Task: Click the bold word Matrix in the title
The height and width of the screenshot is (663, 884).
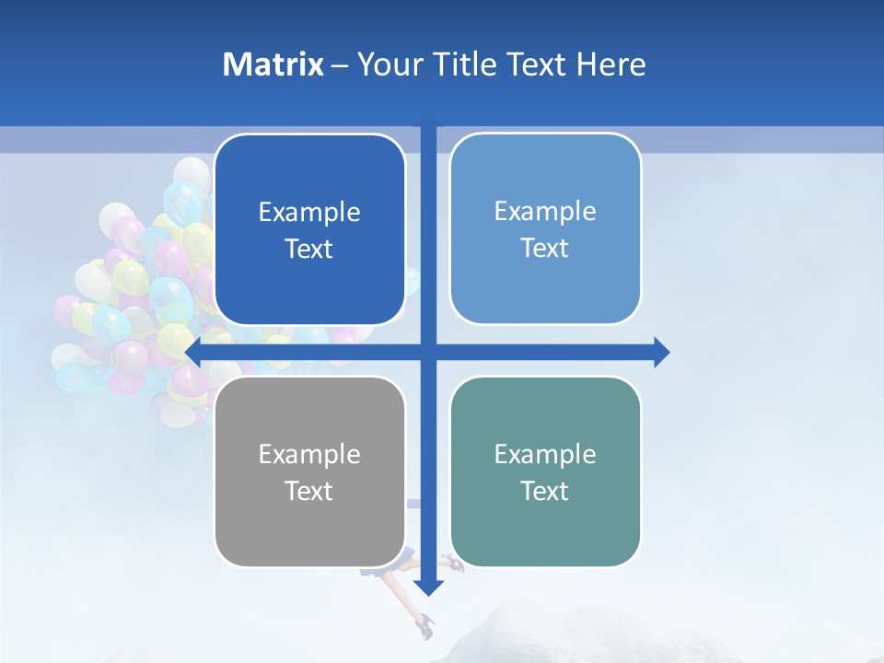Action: click(273, 64)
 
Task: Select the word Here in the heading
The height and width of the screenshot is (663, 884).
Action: click(611, 64)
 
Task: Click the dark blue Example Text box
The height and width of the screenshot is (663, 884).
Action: click(309, 229)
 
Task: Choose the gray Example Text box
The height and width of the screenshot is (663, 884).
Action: click(309, 471)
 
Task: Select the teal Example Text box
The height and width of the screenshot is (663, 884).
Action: click(545, 471)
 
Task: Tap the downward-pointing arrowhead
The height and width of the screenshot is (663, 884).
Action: click(428, 587)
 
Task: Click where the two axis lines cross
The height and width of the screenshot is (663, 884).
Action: click(428, 352)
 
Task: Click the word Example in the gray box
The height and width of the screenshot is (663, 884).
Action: click(309, 454)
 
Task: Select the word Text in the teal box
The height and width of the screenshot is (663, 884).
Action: click(545, 491)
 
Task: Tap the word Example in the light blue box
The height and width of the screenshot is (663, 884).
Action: click(545, 211)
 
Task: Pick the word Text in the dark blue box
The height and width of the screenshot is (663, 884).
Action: click(309, 249)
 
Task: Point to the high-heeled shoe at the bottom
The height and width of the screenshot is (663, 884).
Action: click(425, 627)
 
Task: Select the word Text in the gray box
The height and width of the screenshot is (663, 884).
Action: click(309, 491)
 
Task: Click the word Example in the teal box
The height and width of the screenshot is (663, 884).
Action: click(545, 454)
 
